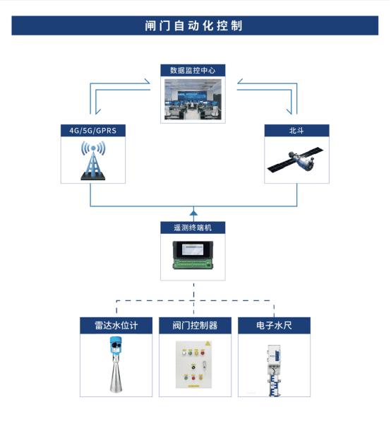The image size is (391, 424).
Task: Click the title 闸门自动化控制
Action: [x=193, y=25]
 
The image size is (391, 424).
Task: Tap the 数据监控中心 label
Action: [x=193, y=71]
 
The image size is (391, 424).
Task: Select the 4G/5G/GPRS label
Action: [x=93, y=131]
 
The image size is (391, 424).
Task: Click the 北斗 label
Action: [x=296, y=131]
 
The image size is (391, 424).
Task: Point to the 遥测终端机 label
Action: [x=193, y=228]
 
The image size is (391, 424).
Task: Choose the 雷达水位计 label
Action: [x=116, y=325]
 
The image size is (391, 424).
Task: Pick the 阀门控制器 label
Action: [x=195, y=325]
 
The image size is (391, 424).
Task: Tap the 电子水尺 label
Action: [x=274, y=325]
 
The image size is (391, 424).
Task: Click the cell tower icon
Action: [x=93, y=160]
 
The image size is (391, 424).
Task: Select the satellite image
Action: [x=295, y=160]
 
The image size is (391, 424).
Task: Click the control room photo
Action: [x=193, y=99]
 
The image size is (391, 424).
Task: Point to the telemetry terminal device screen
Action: [x=193, y=249]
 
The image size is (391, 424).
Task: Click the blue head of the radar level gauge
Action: [x=116, y=345]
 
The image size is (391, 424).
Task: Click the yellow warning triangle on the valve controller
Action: [x=207, y=343]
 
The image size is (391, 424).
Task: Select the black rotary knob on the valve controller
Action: [x=193, y=367]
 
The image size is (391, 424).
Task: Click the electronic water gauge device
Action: [x=275, y=370]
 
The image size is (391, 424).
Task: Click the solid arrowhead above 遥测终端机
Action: [x=193, y=213]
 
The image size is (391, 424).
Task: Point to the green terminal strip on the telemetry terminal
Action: [x=193, y=264]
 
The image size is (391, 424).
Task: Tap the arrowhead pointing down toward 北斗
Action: [x=289, y=112]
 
